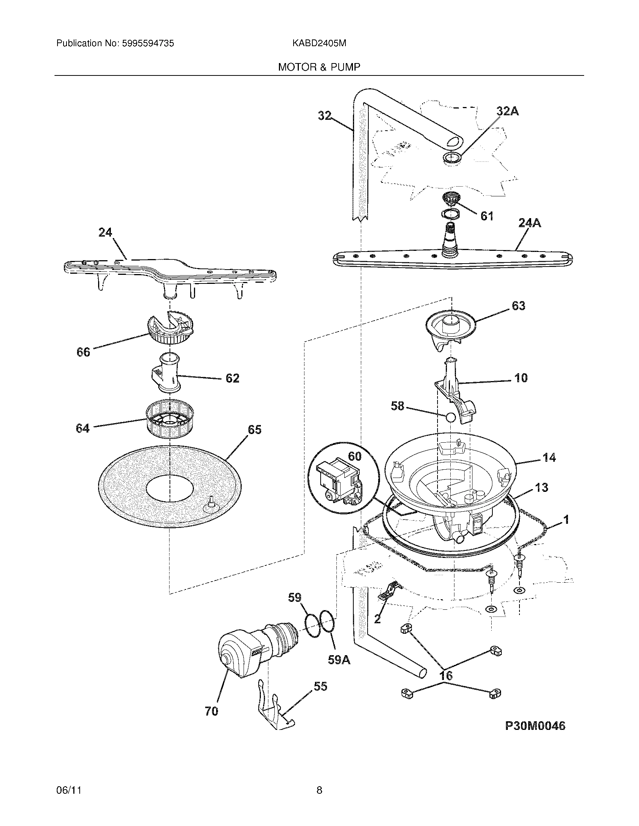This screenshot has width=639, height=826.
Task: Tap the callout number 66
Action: point(83,352)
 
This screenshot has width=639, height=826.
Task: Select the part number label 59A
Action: point(338,660)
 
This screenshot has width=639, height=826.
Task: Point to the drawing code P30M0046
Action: point(535,725)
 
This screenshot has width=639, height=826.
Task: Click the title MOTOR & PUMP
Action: point(319,67)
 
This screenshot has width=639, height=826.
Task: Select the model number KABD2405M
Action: point(319,44)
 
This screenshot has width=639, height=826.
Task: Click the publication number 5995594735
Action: point(148,44)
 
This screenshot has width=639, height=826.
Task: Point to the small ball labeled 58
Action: point(450,418)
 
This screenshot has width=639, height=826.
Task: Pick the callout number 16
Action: point(446,675)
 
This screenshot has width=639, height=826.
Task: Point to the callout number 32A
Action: point(507,111)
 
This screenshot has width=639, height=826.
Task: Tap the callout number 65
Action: point(254,430)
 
